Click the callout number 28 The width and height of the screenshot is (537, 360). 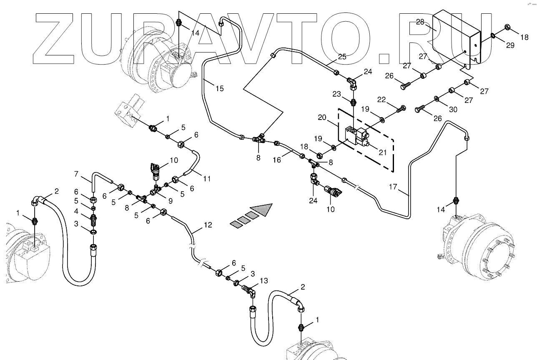click(419, 22)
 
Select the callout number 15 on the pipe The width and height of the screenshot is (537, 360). click(220, 88)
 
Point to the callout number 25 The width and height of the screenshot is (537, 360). click(342, 57)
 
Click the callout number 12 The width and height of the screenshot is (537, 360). click(208, 225)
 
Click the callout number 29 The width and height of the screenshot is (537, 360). click(510, 45)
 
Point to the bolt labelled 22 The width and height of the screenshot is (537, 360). click(401, 109)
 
